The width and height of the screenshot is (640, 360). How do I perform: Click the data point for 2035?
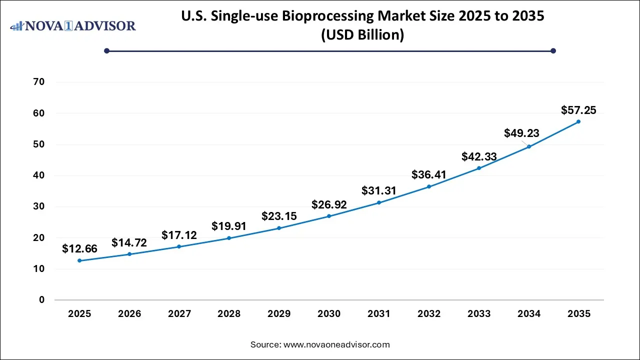pyautogui.click(x=578, y=121)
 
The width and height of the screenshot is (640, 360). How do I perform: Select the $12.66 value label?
pyautogui.click(x=79, y=248)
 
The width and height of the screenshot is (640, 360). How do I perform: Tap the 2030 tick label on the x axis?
pyautogui.click(x=329, y=314)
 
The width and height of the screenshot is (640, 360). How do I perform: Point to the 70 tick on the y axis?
pyautogui.click(x=38, y=82)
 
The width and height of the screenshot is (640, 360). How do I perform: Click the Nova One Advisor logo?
pyautogui.click(x=73, y=25)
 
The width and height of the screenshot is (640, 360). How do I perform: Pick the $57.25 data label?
pyautogui.click(x=578, y=110)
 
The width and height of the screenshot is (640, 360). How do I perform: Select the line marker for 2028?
pyautogui.click(x=229, y=238)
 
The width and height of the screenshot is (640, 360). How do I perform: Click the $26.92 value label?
pyautogui.click(x=329, y=204)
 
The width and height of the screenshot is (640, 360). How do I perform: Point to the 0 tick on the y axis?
pyautogui.click(x=41, y=300)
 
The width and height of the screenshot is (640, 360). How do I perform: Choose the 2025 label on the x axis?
pyautogui.click(x=79, y=314)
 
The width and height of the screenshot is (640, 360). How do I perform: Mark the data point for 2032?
pyautogui.click(x=429, y=186)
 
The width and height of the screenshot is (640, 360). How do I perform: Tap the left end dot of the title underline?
pyautogui.click(x=106, y=50)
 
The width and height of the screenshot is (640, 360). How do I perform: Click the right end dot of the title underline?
pyautogui.click(x=553, y=50)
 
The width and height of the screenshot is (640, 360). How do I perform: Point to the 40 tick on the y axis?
pyautogui.click(x=38, y=175)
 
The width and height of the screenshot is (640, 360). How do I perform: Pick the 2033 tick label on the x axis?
pyautogui.click(x=479, y=314)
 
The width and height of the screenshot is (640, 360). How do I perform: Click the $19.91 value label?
pyautogui.click(x=229, y=226)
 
